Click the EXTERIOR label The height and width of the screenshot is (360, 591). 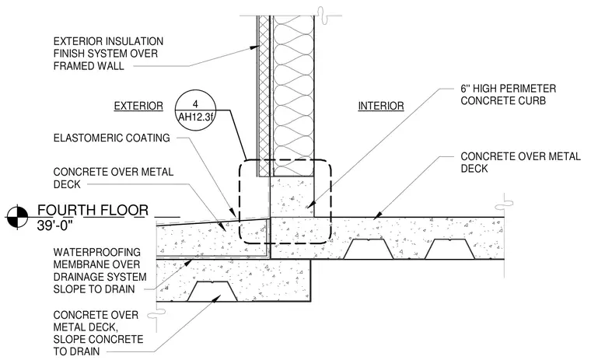click(138, 106)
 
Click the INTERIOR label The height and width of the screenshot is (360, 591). click(381, 106)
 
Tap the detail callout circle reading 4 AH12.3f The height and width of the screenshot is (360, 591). click(196, 110)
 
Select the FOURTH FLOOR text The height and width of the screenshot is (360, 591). click(93, 210)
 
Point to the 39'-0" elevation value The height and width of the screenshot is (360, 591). click(54, 225)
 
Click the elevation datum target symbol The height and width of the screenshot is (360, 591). click(17, 217)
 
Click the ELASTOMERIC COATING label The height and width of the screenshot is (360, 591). click(111, 138)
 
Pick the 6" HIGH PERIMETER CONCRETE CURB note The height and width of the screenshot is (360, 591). click(508, 95)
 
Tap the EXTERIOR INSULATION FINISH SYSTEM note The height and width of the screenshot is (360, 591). click(108, 54)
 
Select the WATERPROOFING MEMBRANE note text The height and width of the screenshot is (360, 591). click(100, 271)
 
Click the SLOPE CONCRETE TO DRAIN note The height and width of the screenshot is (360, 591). click(98, 334)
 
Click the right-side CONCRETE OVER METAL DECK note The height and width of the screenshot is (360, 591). click(520, 163)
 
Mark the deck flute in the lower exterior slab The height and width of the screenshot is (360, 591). click(212, 292)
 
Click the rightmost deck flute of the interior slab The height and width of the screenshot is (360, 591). click(449, 249)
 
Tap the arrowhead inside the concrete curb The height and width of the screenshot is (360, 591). click(309, 204)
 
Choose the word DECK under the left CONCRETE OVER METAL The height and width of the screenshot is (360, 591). click(67, 184)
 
